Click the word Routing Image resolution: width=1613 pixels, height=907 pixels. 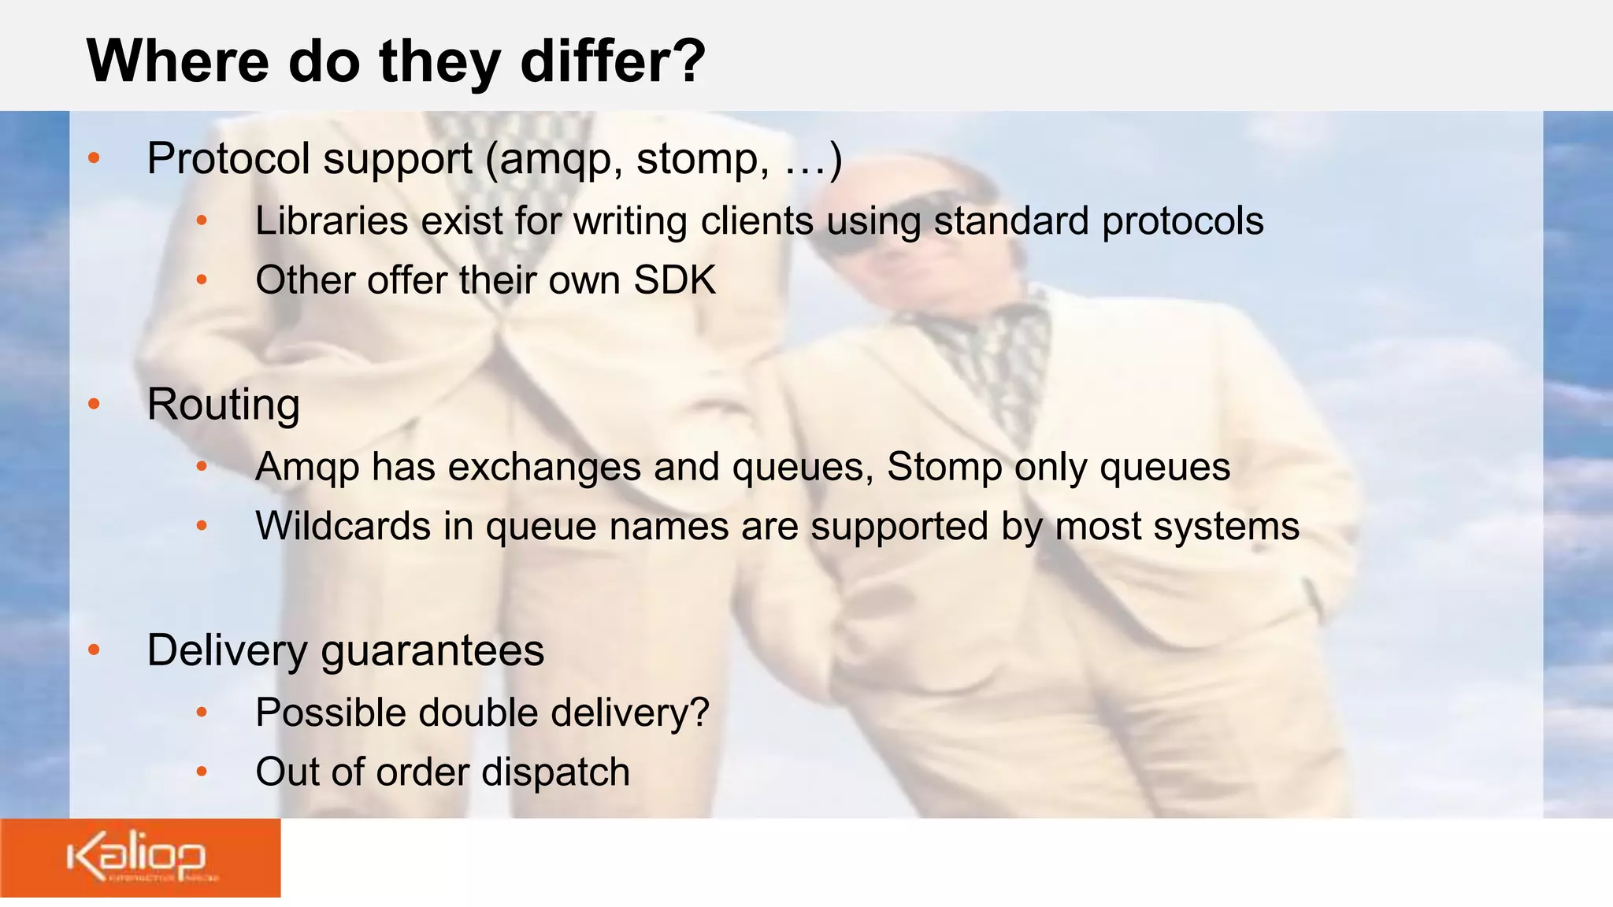pos(224,405)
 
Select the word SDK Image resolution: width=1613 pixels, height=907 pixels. pos(675,280)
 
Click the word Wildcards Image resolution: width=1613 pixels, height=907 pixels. pos(343,526)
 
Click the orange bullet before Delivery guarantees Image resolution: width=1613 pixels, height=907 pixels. pos(95,650)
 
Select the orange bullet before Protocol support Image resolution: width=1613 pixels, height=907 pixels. pos(95,158)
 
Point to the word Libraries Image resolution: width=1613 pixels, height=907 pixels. pos(332,221)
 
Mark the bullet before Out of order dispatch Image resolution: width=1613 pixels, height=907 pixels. pos(202,772)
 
